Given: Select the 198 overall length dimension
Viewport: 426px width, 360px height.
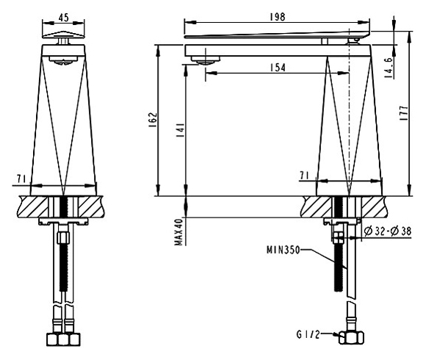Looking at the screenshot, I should point(277,17).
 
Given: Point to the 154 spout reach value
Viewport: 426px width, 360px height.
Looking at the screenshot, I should point(277,68).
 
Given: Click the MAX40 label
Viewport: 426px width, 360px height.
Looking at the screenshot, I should point(178,233).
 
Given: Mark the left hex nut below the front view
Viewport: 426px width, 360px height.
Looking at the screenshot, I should point(54,339).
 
